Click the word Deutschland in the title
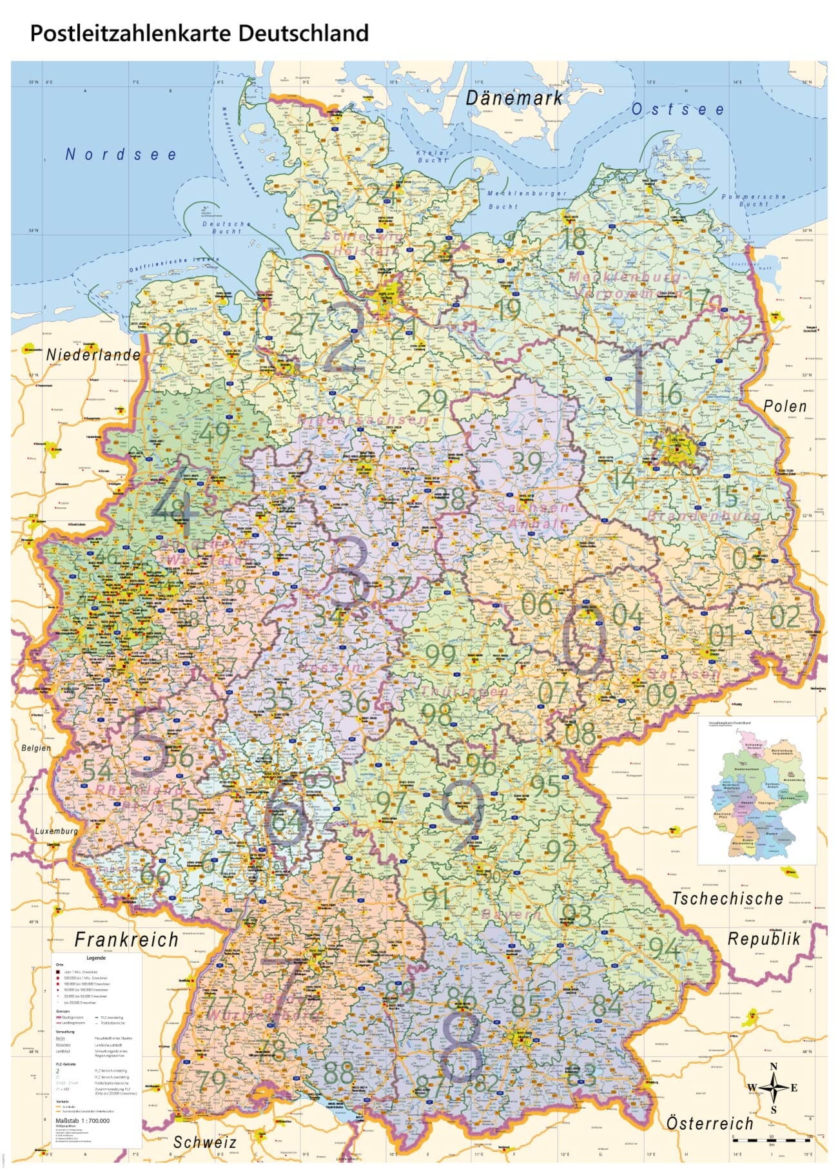pyautogui.click(x=303, y=33)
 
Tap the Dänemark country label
pyautogui.click(x=514, y=98)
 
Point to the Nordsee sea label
pyautogui.click(x=121, y=154)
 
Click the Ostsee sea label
pyautogui.click(x=677, y=110)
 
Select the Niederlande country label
pyautogui.click(x=93, y=354)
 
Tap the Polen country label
pyautogui.click(x=784, y=406)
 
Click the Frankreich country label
pyautogui.click(x=126, y=940)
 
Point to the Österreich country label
pyautogui.click(x=709, y=1123)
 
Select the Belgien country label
pyautogui.click(x=36, y=748)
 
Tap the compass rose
pyautogui.click(x=774, y=1088)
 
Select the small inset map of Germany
pyautogui.click(x=757, y=790)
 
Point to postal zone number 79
pyautogui.click(x=211, y=1081)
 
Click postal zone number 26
pyautogui.click(x=173, y=334)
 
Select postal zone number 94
pyautogui.click(x=664, y=947)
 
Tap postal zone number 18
pyautogui.click(x=574, y=238)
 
